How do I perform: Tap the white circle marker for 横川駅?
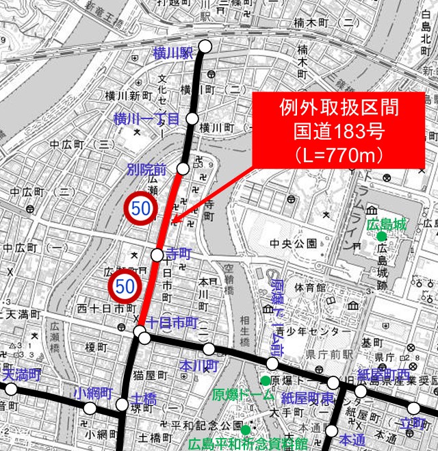click(205, 47)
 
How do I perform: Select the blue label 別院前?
click(146, 168)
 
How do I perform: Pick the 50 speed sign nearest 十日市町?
click(125, 287)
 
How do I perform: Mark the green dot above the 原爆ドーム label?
click(264, 380)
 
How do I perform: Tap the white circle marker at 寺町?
click(157, 255)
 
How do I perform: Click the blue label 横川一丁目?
click(146, 118)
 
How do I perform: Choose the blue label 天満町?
click(21, 375)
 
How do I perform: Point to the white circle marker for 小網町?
click(90, 409)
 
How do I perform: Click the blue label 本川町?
click(197, 366)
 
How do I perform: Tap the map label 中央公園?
click(293, 244)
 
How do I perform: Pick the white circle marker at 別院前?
click(183, 168)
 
